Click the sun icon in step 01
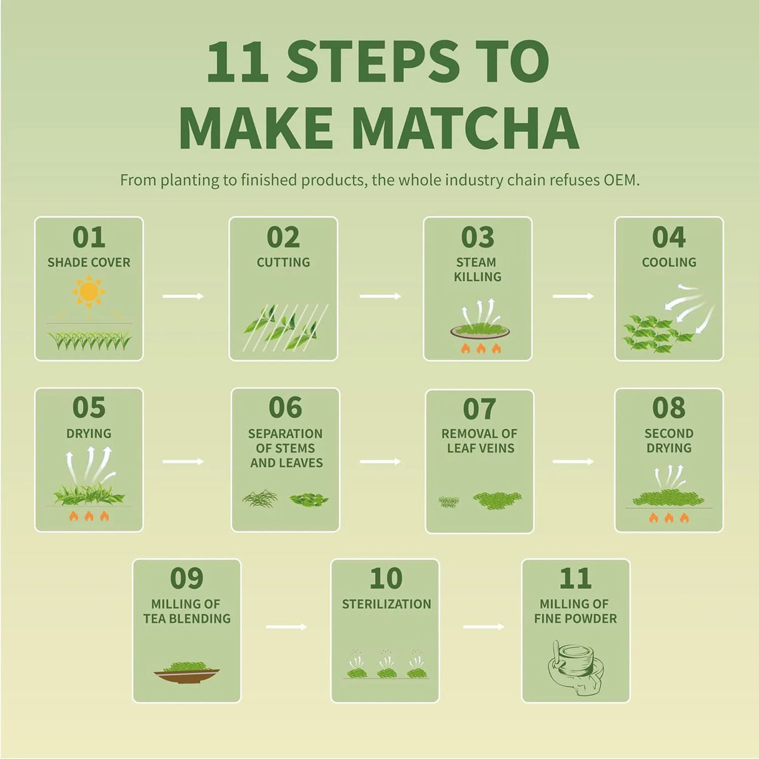[89, 291]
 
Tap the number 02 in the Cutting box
[283, 238]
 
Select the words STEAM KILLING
[477, 269]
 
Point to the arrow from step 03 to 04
[573, 296]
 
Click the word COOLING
[669, 263]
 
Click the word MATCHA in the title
[466, 128]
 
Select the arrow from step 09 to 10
[286, 626]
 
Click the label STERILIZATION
[386, 604]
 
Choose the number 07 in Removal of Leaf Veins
[479, 410]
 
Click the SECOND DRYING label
[669, 441]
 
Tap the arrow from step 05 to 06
[183, 461]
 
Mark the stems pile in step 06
[259, 498]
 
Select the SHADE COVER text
[89, 263]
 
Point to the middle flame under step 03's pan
[481, 349]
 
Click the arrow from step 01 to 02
[183, 296]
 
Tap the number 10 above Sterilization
[386, 579]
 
